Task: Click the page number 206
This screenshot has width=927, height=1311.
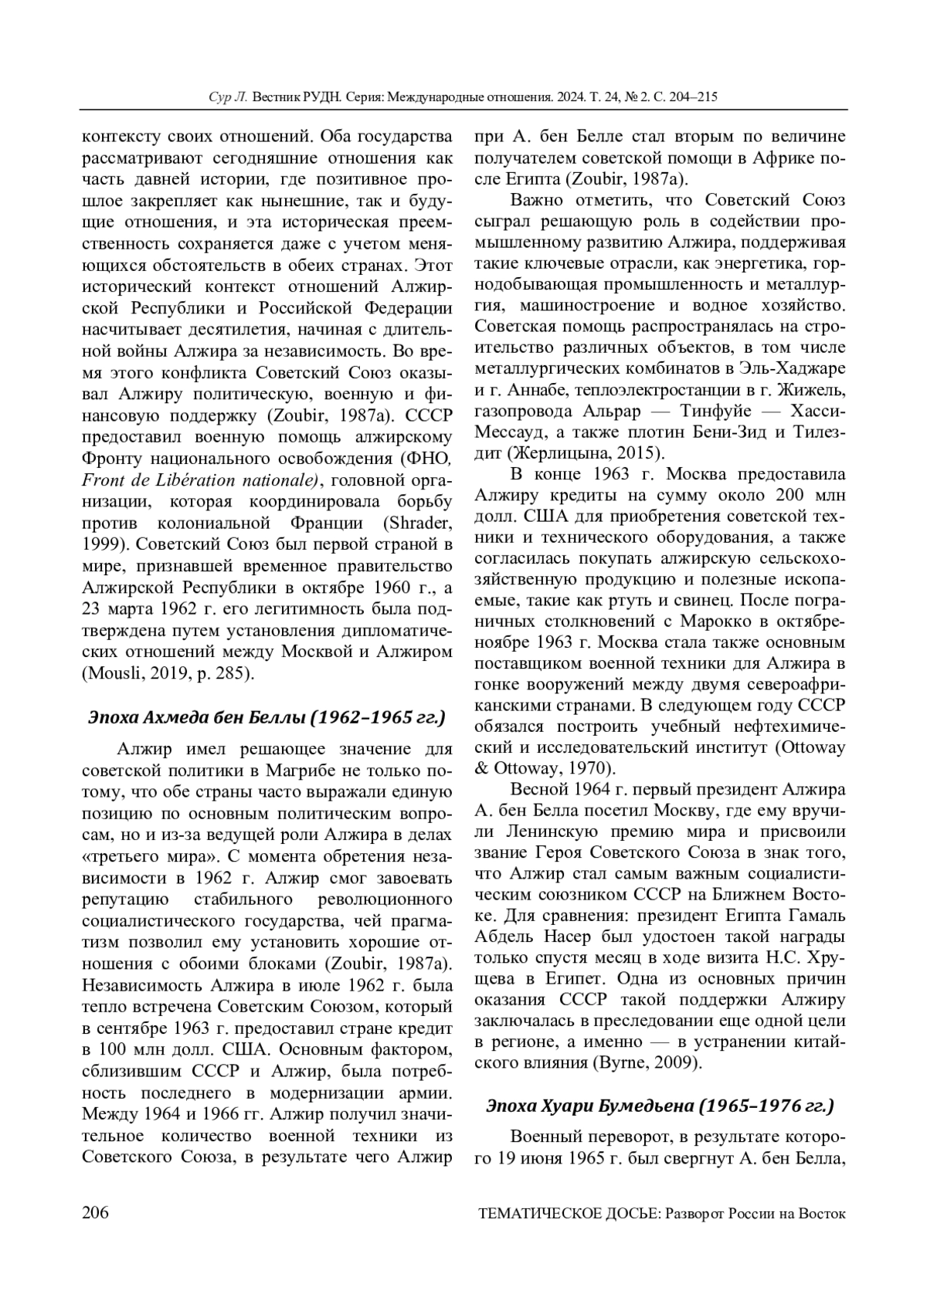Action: (95, 1212)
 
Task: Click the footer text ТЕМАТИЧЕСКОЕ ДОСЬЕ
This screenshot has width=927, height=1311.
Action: (568, 1213)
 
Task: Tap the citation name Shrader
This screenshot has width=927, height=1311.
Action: (424, 523)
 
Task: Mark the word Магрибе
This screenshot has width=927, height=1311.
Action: (297, 771)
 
